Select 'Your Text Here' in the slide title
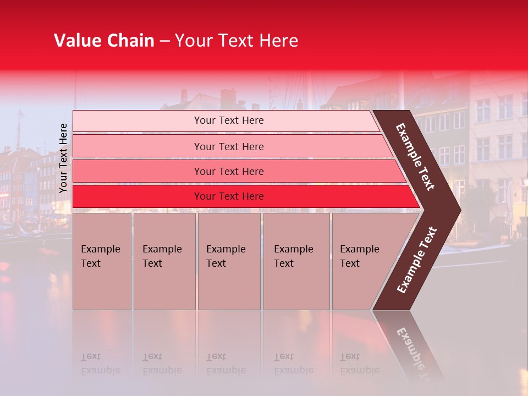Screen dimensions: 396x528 click(x=237, y=41)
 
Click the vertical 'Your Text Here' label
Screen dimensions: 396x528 click(x=63, y=158)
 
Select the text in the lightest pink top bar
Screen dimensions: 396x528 click(x=229, y=120)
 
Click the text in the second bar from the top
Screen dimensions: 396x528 click(x=229, y=146)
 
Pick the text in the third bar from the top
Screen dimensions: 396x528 click(x=229, y=172)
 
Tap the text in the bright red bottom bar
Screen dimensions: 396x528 click(x=229, y=196)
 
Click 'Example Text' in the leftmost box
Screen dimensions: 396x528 click(x=100, y=256)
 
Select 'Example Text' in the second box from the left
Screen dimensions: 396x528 click(x=162, y=256)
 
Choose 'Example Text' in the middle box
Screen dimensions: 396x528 click(x=226, y=256)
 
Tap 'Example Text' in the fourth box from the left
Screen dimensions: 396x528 click(x=293, y=256)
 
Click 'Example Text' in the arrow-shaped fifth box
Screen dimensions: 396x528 click(x=359, y=256)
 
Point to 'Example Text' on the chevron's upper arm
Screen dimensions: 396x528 click(x=415, y=157)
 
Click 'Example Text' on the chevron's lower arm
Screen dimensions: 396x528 click(x=417, y=260)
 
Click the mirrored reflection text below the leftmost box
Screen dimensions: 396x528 click(x=100, y=364)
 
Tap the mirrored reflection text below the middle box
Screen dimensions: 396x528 click(x=226, y=364)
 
